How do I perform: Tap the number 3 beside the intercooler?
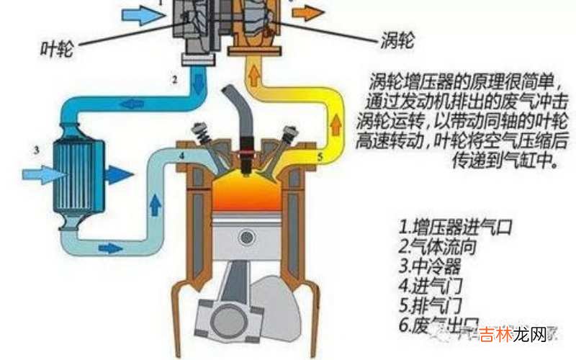coord(35,150)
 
